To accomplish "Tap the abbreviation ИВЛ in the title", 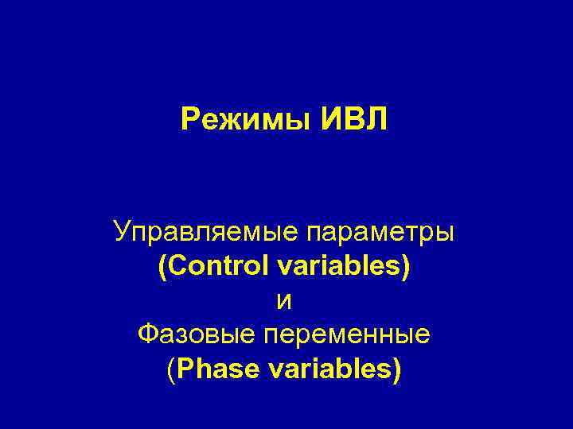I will click(x=354, y=120).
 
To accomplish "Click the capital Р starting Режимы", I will click(x=189, y=120).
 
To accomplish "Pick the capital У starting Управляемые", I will click(x=122, y=233).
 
